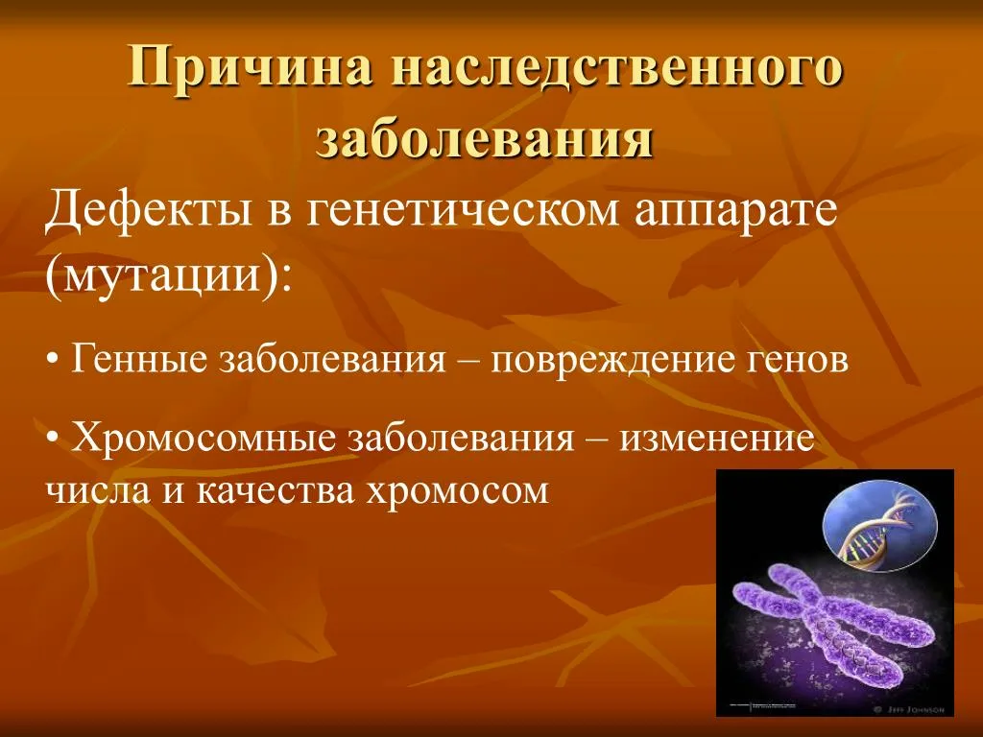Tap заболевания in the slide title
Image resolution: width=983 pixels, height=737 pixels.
486,139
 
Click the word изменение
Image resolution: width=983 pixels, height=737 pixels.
716,440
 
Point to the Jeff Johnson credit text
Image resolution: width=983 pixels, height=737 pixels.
923,709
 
